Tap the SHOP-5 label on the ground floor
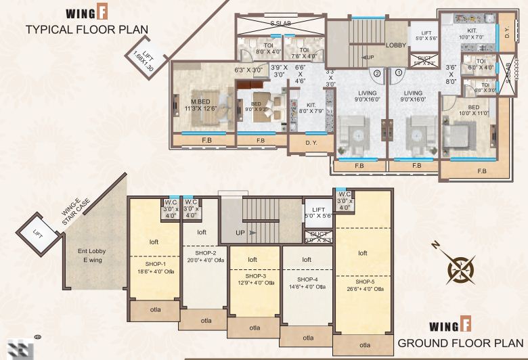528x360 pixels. pos(362,282)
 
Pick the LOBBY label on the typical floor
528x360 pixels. pos(396,45)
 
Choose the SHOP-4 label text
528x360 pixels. pos(307,279)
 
